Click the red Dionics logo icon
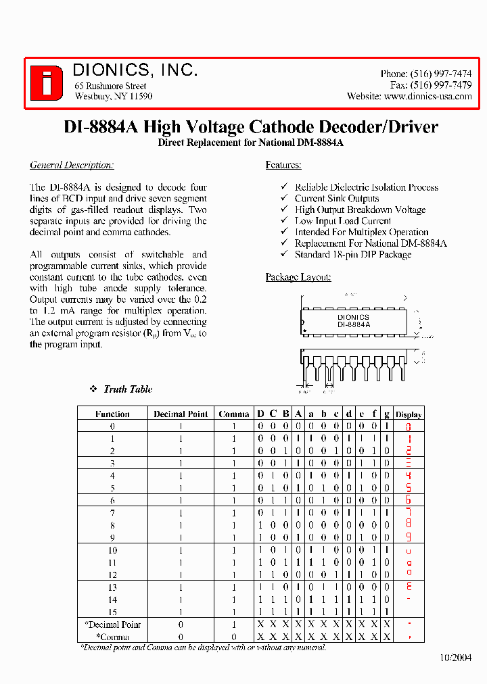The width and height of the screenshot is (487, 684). (x=47, y=83)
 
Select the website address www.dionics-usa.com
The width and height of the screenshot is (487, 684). (x=427, y=97)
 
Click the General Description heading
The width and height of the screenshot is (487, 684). (x=72, y=165)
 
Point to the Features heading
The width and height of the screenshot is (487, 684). (x=283, y=165)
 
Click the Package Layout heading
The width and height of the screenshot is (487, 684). (x=298, y=277)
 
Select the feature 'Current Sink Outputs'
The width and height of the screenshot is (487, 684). (x=336, y=199)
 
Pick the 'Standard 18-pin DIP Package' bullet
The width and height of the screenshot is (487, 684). (x=352, y=255)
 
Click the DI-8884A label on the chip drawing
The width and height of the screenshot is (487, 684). (x=354, y=324)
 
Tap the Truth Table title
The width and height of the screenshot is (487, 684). (x=128, y=389)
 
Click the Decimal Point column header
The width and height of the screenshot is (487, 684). (x=181, y=414)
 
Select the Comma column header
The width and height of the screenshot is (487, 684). (x=233, y=414)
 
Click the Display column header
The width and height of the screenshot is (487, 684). (x=408, y=414)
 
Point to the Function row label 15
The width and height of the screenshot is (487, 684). (x=112, y=612)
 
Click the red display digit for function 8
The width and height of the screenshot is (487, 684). (x=408, y=525)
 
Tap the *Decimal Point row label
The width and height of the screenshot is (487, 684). (x=112, y=625)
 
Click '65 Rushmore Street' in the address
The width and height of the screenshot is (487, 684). (x=110, y=86)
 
